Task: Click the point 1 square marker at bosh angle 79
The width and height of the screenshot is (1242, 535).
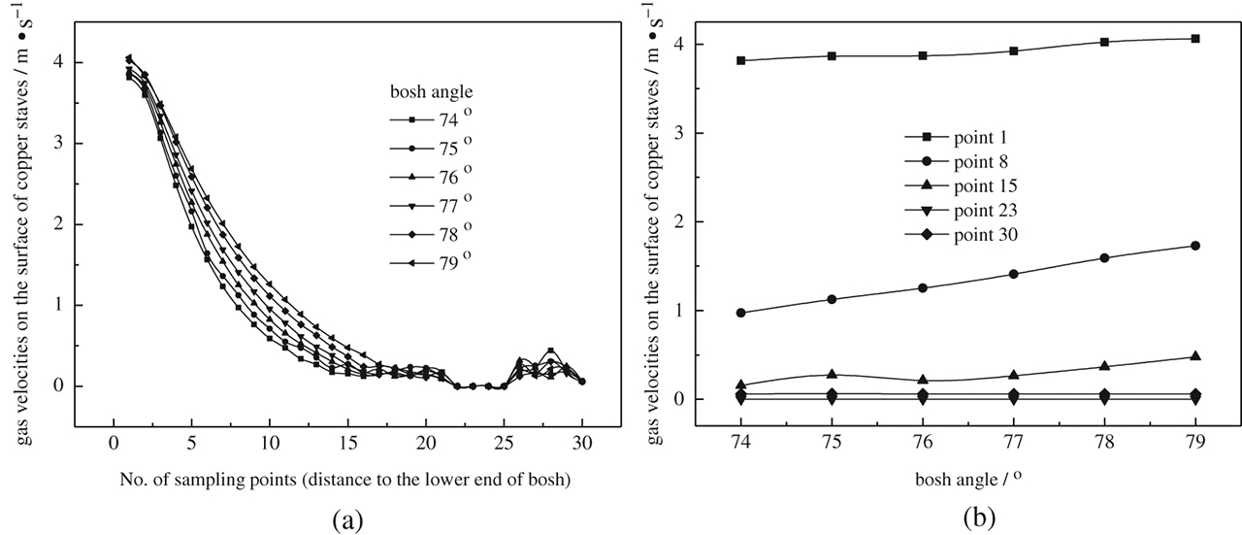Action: click(x=1194, y=39)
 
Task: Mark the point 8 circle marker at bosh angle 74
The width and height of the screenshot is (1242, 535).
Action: click(x=741, y=313)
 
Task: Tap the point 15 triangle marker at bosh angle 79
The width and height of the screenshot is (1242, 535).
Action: click(x=1194, y=356)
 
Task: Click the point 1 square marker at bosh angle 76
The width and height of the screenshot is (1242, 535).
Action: click(x=922, y=55)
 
